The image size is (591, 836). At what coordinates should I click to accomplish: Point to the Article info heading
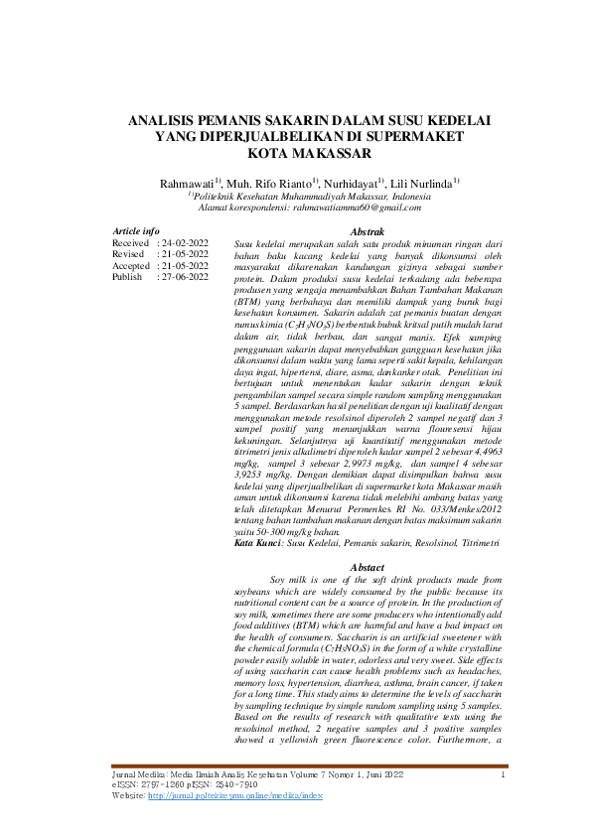pos(136,230)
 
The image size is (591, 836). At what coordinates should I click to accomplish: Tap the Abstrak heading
pos(354,230)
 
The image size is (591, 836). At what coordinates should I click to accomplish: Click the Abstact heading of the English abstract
pos(354,566)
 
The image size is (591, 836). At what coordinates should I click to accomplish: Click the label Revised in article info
pos(130,254)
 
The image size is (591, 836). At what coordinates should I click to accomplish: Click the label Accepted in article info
pos(132,266)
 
